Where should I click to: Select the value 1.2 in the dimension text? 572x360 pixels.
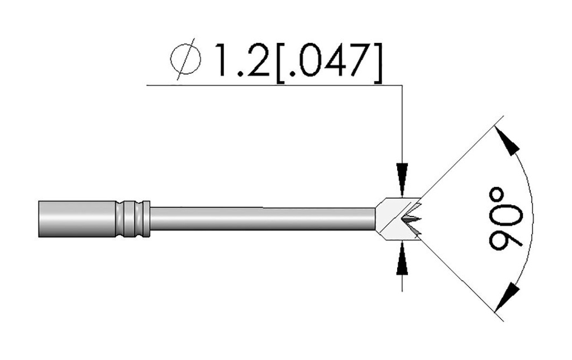click(238, 59)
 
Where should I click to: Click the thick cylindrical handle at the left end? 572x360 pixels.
click(76, 218)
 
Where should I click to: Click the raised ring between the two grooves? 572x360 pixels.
click(132, 218)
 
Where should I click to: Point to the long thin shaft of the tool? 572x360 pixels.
click(263, 218)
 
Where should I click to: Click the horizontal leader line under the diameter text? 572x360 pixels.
click(274, 85)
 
